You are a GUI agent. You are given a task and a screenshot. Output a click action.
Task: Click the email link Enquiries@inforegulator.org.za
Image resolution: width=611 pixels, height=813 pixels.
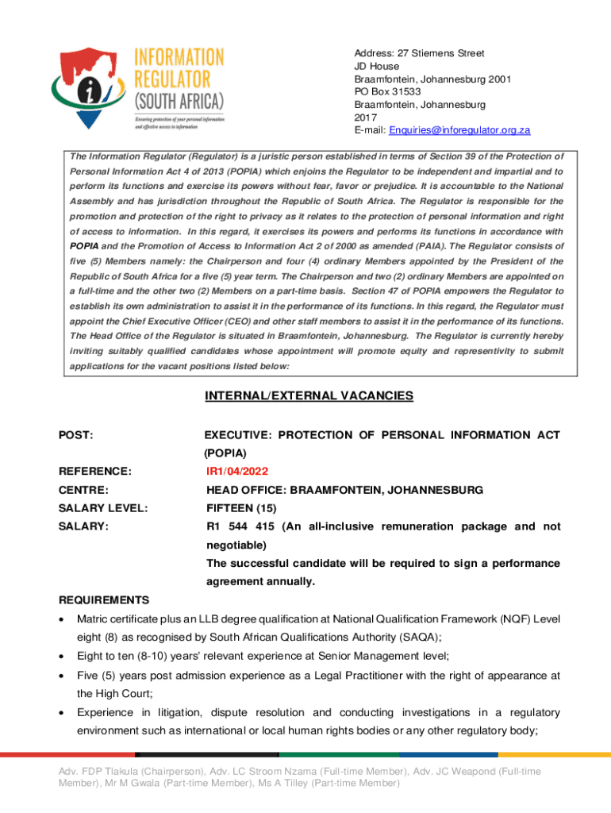pyautogui.click(x=471, y=130)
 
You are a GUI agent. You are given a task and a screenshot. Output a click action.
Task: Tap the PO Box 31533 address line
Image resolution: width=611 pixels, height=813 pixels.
pyautogui.click(x=387, y=91)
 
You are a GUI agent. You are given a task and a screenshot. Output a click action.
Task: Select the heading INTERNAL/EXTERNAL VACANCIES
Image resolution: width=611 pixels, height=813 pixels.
pyautogui.click(x=309, y=395)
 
